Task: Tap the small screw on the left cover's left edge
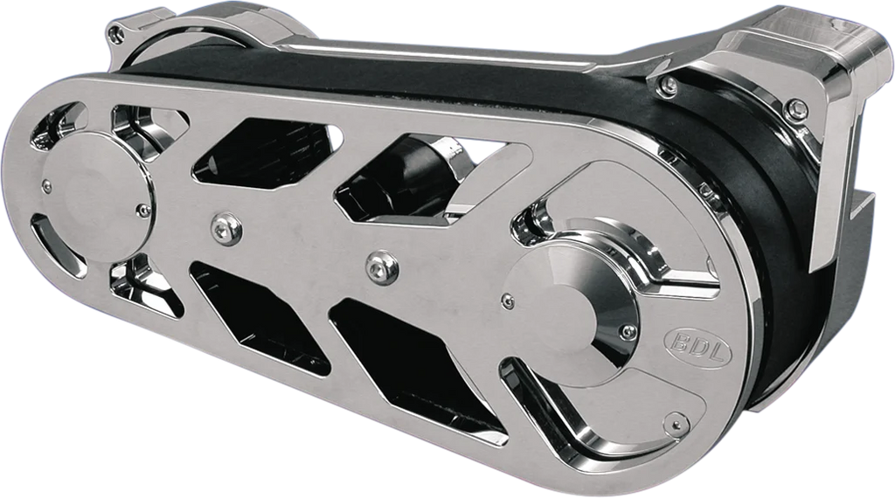coord(47,185)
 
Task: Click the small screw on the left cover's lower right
coord(143,211)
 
